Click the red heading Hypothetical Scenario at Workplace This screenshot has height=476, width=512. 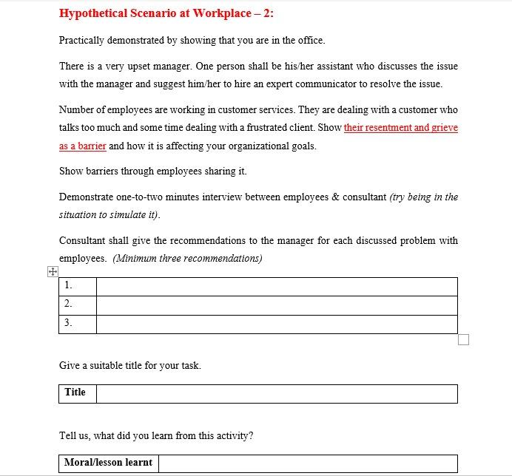tap(166, 14)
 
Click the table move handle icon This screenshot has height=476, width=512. tap(53, 272)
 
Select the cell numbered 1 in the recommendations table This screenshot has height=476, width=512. tap(77, 286)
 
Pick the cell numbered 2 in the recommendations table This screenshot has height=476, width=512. tap(77, 305)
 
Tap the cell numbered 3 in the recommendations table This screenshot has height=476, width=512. tap(77, 324)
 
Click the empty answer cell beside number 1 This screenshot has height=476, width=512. tap(276, 286)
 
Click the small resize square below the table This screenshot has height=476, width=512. tap(464, 339)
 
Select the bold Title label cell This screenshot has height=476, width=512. tap(76, 393)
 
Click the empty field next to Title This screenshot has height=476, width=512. tap(276, 393)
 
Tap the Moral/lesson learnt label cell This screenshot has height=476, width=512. tap(108, 463)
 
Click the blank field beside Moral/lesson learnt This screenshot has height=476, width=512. tap(307, 463)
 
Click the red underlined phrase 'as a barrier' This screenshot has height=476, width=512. tap(83, 146)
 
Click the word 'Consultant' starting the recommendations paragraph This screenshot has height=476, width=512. tap(82, 241)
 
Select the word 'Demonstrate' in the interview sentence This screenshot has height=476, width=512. tap(86, 197)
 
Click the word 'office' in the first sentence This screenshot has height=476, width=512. tap(310, 41)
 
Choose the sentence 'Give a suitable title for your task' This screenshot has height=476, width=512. tap(130, 365)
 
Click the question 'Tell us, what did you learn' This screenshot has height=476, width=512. tap(155, 435)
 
